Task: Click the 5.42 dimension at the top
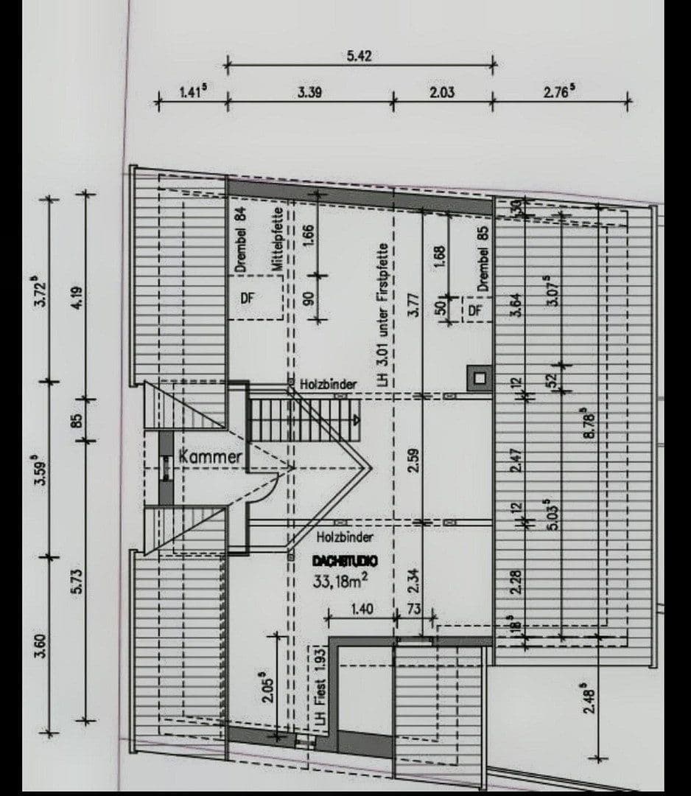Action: [x=359, y=56]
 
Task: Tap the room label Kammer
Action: [x=211, y=457]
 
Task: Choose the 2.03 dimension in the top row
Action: [x=442, y=92]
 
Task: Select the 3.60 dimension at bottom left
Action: [x=42, y=646]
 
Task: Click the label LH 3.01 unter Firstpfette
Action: [x=382, y=317]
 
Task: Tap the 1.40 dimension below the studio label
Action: [x=362, y=610]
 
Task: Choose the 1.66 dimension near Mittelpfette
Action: [x=309, y=236]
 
